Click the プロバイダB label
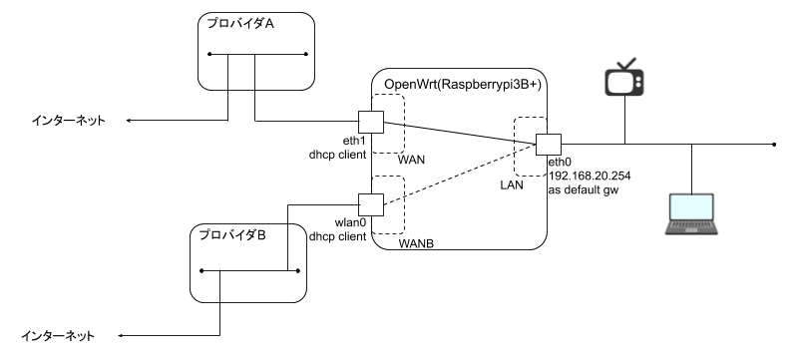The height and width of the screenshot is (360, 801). tap(231, 236)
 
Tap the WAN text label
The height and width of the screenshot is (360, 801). tap(411, 160)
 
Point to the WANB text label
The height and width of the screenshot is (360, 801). tap(416, 243)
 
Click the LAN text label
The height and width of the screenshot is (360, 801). tap(511, 185)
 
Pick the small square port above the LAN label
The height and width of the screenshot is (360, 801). tap(548, 145)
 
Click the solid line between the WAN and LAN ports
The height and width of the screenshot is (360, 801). tap(459, 133)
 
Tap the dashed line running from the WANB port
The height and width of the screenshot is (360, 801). tap(459, 176)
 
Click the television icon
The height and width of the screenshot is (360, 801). tap(624, 78)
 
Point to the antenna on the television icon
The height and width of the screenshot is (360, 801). tap(624, 63)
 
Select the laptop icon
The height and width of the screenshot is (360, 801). tap(692, 213)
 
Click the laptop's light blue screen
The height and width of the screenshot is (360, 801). tap(692, 206)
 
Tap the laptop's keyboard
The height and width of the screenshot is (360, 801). tap(692, 227)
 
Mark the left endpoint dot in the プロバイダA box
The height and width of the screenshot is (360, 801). tap(209, 54)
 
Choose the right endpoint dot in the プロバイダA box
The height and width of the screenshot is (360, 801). tap(306, 54)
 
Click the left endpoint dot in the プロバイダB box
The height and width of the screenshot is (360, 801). tap(200, 270)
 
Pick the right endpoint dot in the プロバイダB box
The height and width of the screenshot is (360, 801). tap(298, 270)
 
